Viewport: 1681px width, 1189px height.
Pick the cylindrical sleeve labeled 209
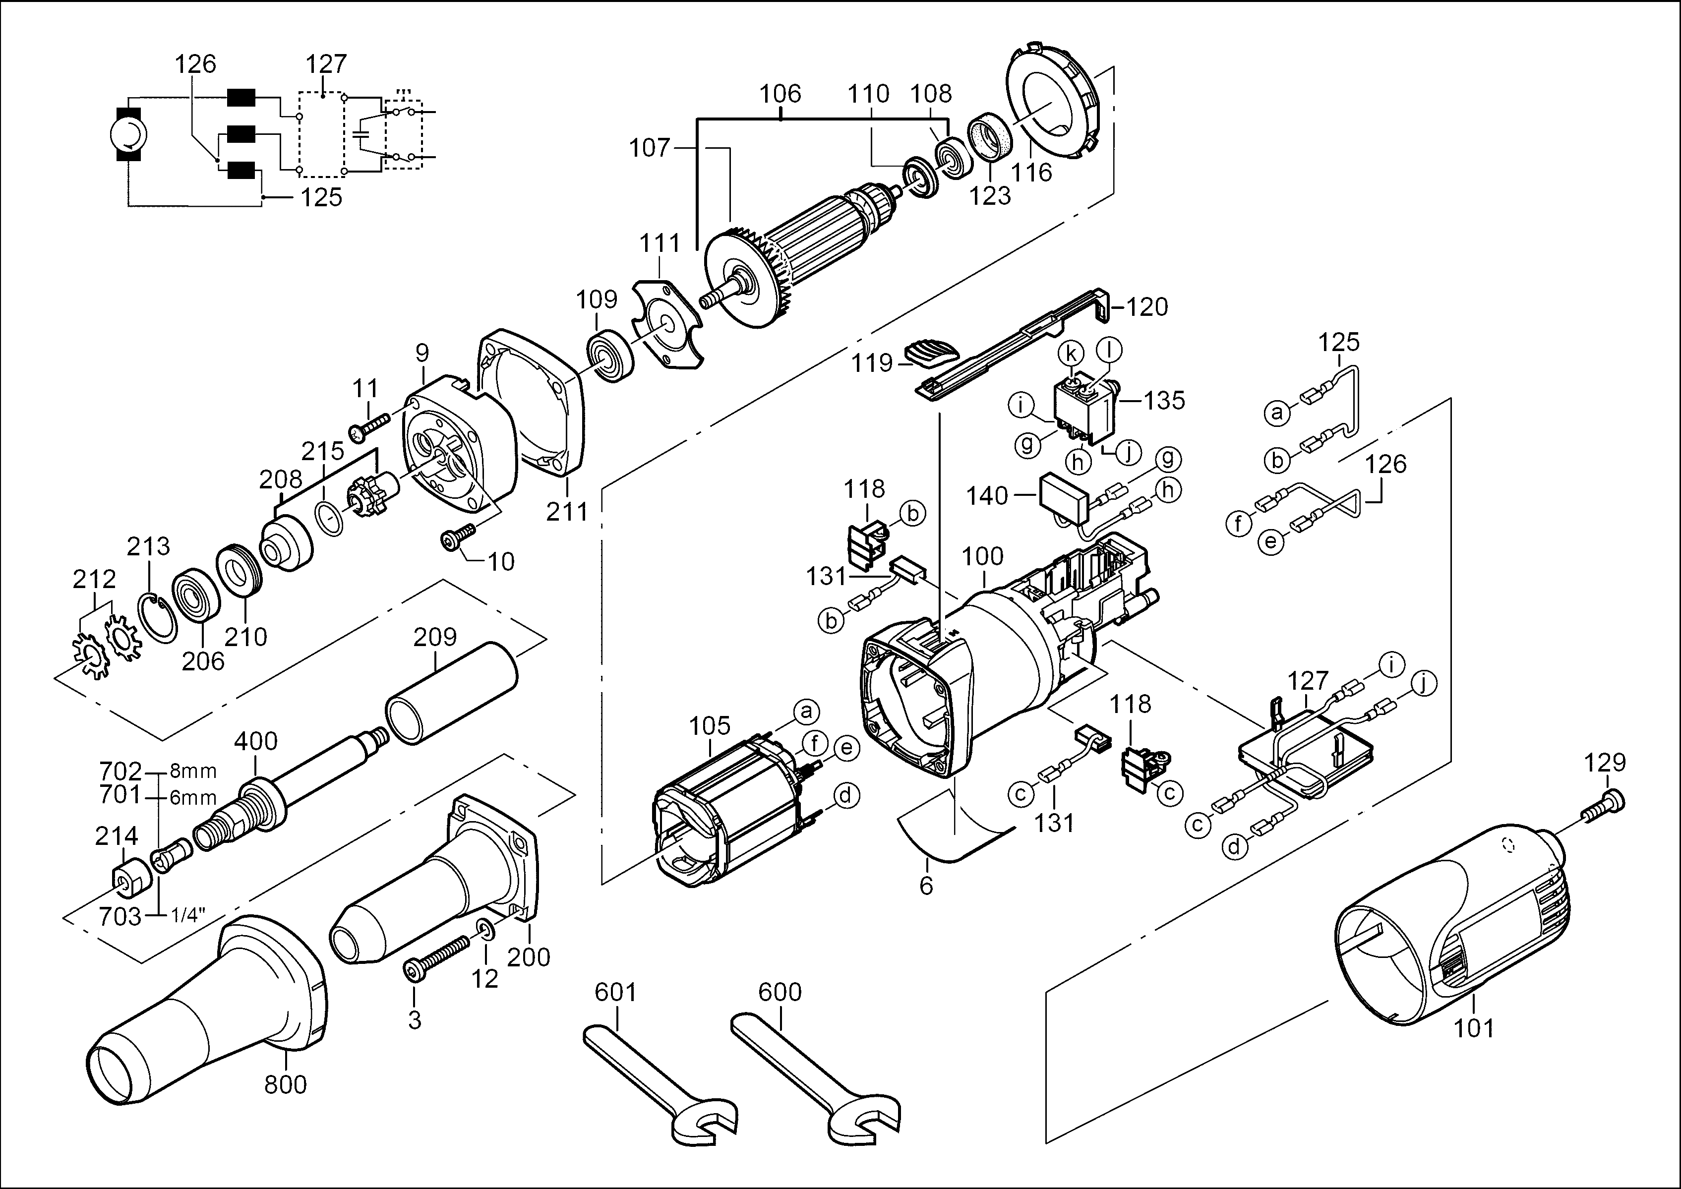pyautogui.click(x=450, y=692)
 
